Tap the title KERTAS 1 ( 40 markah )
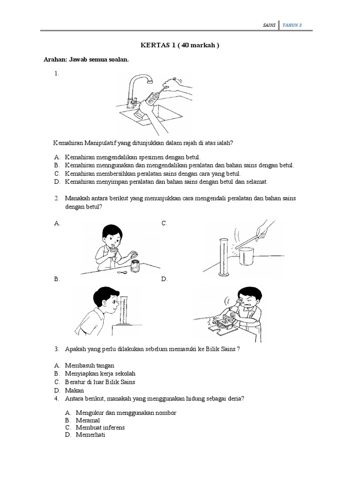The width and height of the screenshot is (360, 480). (x=180, y=45)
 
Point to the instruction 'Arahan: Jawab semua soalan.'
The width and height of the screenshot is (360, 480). (x=86, y=60)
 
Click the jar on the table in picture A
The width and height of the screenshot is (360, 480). (x=135, y=266)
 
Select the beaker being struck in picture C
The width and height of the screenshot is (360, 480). (x=248, y=257)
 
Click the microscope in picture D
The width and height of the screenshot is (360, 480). (x=225, y=319)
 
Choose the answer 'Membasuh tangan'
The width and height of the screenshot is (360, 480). (x=90, y=365)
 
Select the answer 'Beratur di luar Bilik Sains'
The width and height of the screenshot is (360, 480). (x=100, y=382)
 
